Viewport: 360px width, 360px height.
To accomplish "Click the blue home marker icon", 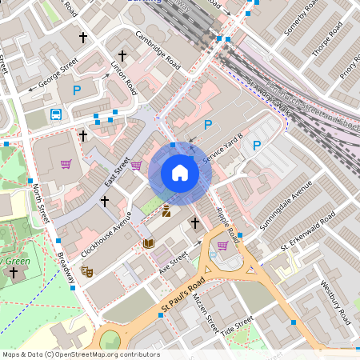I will tap(179, 172).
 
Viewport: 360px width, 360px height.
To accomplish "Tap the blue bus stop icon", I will tap(57, 114).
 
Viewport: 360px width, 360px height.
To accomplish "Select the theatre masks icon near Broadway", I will tap(86, 271).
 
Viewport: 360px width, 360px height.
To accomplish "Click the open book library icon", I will tap(149, 243).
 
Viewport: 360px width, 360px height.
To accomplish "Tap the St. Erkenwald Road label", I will tap(305, 237).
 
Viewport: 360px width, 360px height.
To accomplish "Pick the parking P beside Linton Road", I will tap(77, 91).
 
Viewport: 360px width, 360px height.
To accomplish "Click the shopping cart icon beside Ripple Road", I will tap(222, 246).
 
